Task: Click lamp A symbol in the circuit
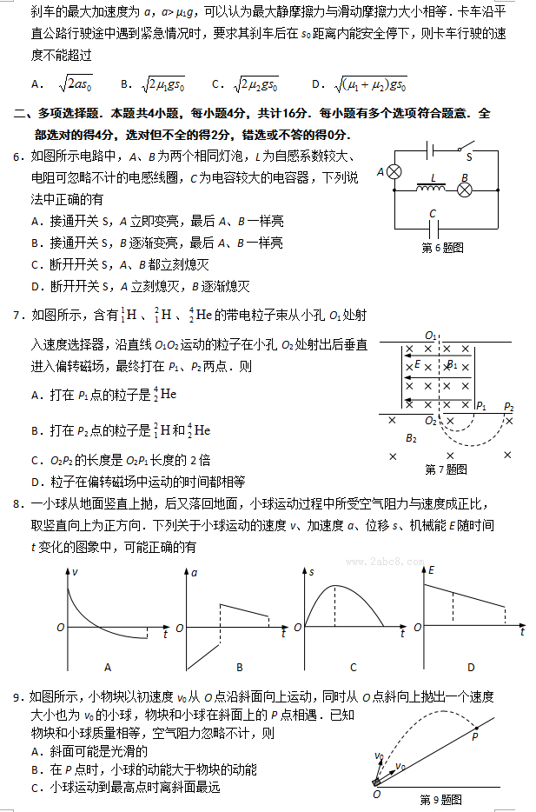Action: click(394, 172)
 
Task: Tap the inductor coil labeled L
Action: click(431, 187)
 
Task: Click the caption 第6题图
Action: click(442, 248)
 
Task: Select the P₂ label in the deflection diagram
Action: click(508, 406)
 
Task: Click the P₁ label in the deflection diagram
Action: click(481, 406)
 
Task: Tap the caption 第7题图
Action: click(446, 469)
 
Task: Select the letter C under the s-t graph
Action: click(354, 667)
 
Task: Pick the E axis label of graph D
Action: click(430, 570)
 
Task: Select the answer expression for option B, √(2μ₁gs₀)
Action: click(165, 84)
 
